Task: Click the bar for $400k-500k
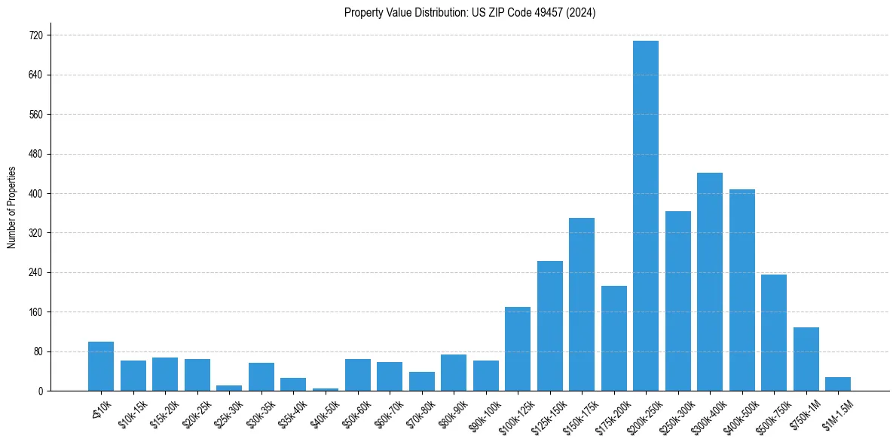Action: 742,290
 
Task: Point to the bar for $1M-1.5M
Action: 838,384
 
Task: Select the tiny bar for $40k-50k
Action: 326,389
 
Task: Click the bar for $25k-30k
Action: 229,388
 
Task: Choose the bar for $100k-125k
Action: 518,348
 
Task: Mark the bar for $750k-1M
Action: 806,359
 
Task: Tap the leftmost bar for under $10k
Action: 101,366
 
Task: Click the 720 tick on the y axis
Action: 35,35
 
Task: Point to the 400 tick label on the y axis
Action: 35,194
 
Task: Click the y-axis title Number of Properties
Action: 12,207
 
